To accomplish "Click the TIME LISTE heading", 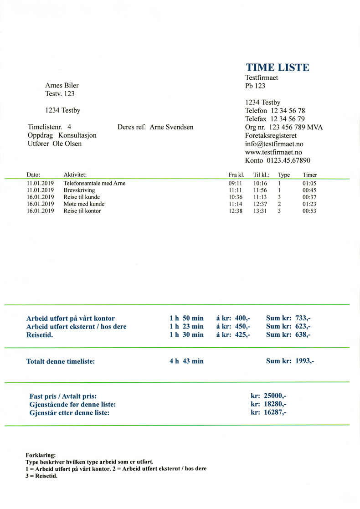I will pos(277,67).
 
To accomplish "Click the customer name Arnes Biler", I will pos(65,85).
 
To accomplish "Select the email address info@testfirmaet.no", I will pos(274,144).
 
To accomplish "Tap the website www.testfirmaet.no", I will pos(274,152).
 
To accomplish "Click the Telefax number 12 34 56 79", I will pos(288,119).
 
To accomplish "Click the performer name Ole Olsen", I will pos(67,144).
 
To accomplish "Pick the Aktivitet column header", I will pos(75,175).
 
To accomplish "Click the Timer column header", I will pos(310,175).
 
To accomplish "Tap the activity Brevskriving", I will pos(79,190).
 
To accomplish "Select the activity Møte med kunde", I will pos(84,204).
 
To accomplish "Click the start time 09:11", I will pos(235,183).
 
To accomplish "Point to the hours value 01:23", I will pos(309,204).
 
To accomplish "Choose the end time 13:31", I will pos(260,211).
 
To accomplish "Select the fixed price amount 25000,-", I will pos(275,396).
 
